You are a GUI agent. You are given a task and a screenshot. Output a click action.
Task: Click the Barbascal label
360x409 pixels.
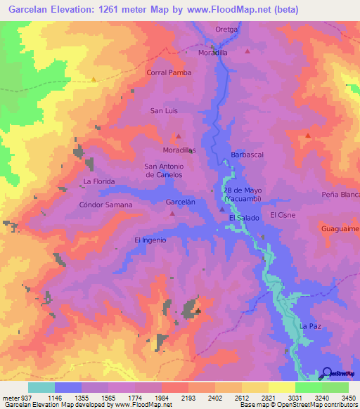[x=246, y=155]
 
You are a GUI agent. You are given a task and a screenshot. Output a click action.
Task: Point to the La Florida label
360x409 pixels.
[x=98, y=181]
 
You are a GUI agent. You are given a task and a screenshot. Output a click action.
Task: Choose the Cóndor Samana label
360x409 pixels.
[x=105, y=204]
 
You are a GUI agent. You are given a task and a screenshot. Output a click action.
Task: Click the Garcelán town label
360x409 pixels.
[x=180, y=202]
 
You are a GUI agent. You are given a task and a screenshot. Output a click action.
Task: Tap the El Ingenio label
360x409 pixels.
[x=150, y=240]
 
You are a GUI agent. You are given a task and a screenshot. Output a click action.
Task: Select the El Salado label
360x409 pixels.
[x=244, y=219]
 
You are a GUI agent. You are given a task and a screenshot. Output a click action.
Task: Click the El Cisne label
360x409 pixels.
[x=283, y=215]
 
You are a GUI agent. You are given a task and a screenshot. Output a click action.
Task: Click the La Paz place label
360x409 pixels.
[x=310, y=327]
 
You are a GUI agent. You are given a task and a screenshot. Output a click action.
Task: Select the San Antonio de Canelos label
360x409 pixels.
[x=164, y=170]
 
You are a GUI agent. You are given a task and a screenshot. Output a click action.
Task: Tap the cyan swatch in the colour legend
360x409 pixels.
[x=41, y=387]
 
